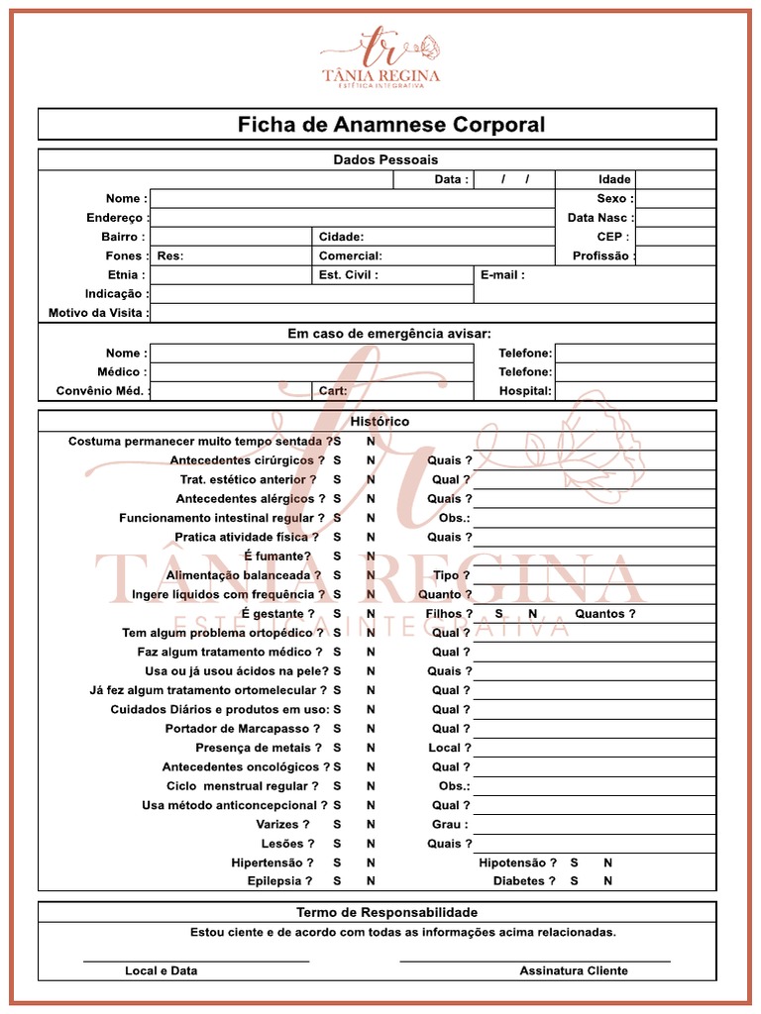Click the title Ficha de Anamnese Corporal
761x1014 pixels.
pos(390,125)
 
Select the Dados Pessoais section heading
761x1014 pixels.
pos(385,159)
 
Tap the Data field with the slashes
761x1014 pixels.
pos(514,179)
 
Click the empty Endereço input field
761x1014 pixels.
pos(352,218)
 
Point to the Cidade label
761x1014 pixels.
pos(341,237)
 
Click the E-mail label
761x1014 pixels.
pos(502,275)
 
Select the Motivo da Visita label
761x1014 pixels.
pos(98,313)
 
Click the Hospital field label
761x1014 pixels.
pos(525,391)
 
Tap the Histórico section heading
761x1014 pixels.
pos(380,422)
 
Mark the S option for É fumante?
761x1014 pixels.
pos(337,557)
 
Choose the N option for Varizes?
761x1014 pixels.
pos(371,824)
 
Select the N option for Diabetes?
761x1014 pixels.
pos(608,881)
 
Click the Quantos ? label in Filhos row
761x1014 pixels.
pos(604,614)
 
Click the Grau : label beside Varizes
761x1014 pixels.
pos(450,824)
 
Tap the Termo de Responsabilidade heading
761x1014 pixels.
pos(386,912)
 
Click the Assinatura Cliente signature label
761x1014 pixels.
pos(573,970)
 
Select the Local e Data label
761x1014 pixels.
pos(161,970)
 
